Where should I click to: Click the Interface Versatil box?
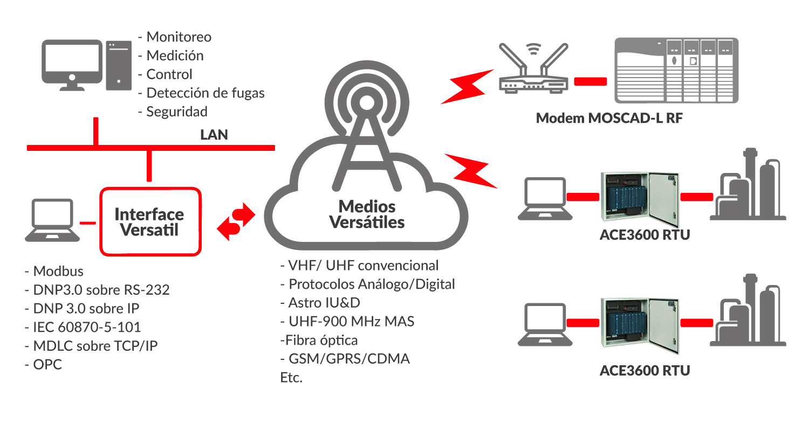tap(150, 221)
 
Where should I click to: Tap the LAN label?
tap(214, 135)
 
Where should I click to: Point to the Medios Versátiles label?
tap(367, 214)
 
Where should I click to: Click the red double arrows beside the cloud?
tap(236, 221)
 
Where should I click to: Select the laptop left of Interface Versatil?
tap(52, 221)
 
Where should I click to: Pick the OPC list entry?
tap(47, 364)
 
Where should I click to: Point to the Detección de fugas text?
tap(205, 93)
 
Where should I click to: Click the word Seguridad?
tap(177, 112)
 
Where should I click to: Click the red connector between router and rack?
tap(591, 82)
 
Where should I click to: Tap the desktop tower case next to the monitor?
tap(119, 65)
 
